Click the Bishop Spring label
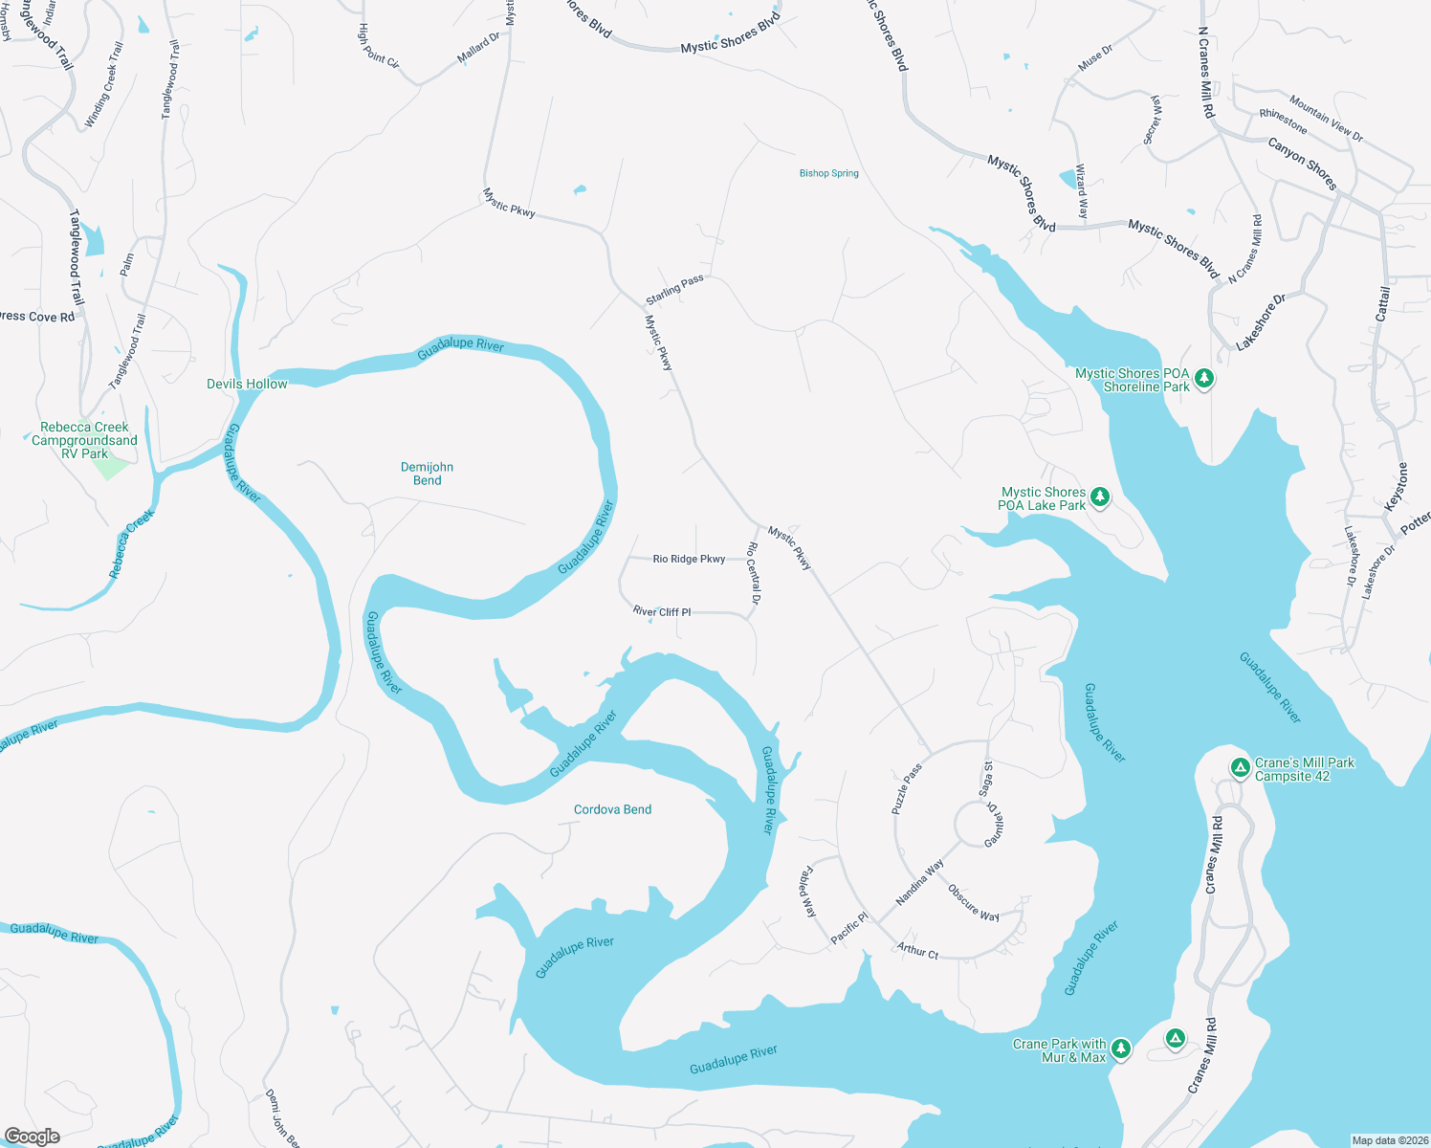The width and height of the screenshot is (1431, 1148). point(828,173)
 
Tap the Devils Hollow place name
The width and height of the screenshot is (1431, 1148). point(247,384)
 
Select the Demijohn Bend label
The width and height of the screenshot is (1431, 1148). point(427,474)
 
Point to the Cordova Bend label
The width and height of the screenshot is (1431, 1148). point(612,809)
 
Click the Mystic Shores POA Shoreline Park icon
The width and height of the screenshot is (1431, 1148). point(1204,379)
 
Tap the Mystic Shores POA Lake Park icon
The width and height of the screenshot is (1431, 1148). point(1100,497)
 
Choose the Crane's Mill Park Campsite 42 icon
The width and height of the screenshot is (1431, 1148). point(1240,768)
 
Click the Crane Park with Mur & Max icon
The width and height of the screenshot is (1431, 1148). point(1120,1049)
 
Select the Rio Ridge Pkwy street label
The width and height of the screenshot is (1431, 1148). point(689,559)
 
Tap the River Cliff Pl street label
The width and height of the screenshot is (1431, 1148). point(661,611)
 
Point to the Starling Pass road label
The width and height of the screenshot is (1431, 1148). point(674,289)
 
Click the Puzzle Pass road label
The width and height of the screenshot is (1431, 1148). point(907,788)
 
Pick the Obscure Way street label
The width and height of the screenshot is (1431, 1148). point(973,903)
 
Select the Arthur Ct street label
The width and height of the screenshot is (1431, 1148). point(917,951)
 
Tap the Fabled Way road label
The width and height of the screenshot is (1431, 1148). point(808,892)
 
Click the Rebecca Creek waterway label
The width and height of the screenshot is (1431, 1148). point(131,544)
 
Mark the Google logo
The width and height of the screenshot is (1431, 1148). point(32,1137)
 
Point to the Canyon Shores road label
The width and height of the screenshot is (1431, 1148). point(1301,164)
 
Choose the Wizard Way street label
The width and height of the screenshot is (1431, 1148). point(1082,191)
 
